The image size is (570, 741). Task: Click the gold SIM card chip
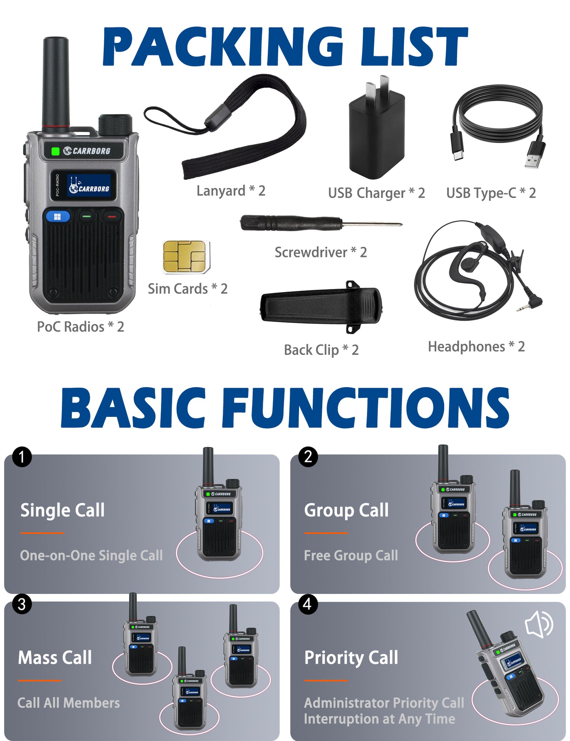[x=185, y=257]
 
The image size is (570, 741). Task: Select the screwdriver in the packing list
[x=320, y=224]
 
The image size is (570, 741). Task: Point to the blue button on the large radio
[x=58, y=217]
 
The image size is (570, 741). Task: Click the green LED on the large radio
[x=56, y=151]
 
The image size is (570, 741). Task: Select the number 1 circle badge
[x=22, y=457]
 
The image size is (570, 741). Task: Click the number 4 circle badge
[x=308, y=604]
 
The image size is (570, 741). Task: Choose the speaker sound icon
[x=539, y=624]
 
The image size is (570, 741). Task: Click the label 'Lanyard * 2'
[x=231, y=191]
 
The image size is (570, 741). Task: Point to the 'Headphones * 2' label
[x=476, y=347]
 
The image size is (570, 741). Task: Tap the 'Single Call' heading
[x=62, y=510]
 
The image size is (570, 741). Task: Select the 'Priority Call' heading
[x=351, y=658]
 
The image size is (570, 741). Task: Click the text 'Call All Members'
[x=69, y=703]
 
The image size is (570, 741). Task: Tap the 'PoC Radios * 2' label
[x=80, y=327]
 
